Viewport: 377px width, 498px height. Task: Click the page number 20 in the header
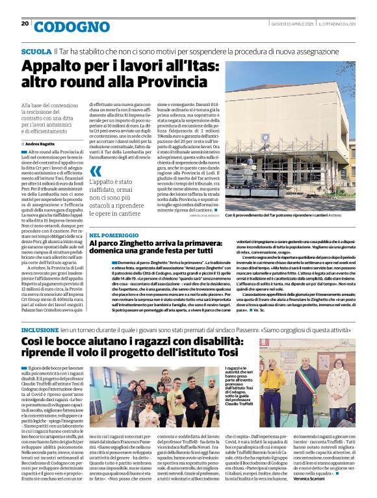(x=25, y=23)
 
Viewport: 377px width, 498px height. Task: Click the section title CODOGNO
(x=63, y=27)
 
